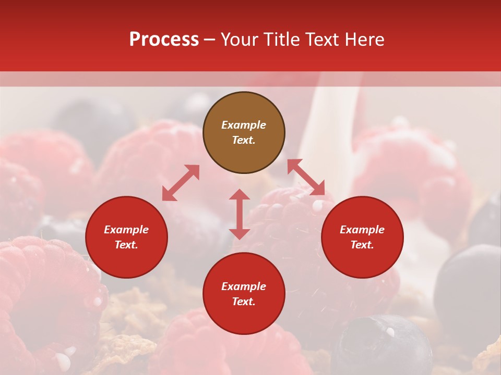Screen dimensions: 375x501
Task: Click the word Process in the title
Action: coord(164,40)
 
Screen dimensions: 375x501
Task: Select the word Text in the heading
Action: coord(321,40)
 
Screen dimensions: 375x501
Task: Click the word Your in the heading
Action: coord(240,40)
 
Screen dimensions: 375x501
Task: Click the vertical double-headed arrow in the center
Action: coord(240,214)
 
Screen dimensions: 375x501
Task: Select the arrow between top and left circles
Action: coord(181,182)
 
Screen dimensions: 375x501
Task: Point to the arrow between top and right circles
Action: coord(306,178)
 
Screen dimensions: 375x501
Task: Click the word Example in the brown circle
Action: coord(244,125)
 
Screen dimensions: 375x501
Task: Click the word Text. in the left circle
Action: coord(126,245)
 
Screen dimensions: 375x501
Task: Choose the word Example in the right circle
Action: coord(362,230)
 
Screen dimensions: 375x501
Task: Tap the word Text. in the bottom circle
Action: coord(244,302)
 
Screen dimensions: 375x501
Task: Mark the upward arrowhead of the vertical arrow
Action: coord(240,195)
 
